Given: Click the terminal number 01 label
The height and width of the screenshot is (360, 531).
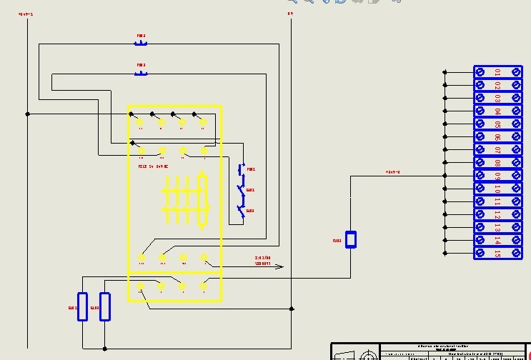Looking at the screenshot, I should [497, 72].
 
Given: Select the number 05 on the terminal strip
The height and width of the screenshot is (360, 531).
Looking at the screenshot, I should [497, 124].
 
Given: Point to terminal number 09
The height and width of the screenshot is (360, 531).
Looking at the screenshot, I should [497, 176].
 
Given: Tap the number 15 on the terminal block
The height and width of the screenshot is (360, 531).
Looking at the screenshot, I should [497, 253].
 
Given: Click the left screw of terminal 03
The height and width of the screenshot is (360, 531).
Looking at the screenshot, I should [481, 98].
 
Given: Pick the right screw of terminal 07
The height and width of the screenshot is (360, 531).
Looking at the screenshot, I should [516, 150].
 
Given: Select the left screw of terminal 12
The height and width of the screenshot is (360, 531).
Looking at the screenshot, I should [481, 214].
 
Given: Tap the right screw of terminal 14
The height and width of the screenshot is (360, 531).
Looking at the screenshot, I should [516, 240].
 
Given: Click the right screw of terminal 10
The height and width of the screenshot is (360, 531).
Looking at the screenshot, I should [516, 189].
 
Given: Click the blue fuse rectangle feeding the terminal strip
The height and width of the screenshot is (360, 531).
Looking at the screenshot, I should [351, 239].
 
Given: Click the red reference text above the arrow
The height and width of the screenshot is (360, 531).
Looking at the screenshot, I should [263, 260].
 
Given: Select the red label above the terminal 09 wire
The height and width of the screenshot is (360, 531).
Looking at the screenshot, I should [392, 172].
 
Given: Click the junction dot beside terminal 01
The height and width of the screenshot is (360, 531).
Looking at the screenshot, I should [445, 72].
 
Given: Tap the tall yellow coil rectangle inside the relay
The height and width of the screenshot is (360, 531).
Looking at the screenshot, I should [204, 201].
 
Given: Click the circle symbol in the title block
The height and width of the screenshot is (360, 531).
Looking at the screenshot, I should [369, 355].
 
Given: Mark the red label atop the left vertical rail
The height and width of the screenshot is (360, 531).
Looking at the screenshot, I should [26, 14].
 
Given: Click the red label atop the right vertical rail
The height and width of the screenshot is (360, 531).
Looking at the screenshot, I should [290, 14].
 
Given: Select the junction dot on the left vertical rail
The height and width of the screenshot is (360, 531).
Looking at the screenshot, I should [28, 114].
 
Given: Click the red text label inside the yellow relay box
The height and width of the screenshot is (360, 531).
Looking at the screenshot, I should [153, 166].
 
